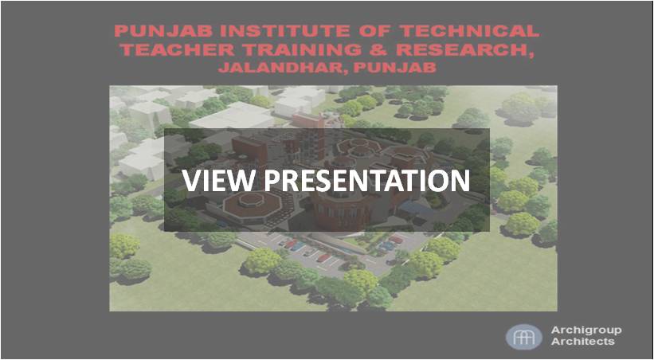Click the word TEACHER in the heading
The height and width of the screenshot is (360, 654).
(x=179, y=49)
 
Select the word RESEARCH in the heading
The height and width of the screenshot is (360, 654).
(x=462, y=49)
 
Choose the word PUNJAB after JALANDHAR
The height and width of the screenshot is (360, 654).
(x=394, y=68)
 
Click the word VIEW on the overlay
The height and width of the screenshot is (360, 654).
(x=217, y=181)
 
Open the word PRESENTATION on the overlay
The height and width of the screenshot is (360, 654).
(x=367, y=181)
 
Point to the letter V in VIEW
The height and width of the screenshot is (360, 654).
(x=191, y=181)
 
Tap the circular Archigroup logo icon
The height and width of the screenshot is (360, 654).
(x=524, y=337)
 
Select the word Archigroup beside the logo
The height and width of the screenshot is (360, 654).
(x=586, y=331)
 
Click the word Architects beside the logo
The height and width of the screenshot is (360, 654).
(x=582, y=342)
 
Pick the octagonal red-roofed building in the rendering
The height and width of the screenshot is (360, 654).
(x=251, y=204)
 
